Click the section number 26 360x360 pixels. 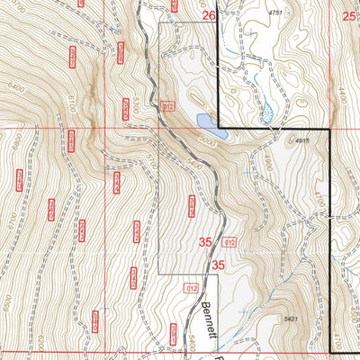click(x=209, y=16)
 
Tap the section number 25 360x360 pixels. click(x=349, y=16)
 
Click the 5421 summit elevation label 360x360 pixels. click(x=290, y=319)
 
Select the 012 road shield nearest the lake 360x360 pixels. click(x=167, y=107)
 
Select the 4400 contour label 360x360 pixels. click(x=342, y=93)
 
